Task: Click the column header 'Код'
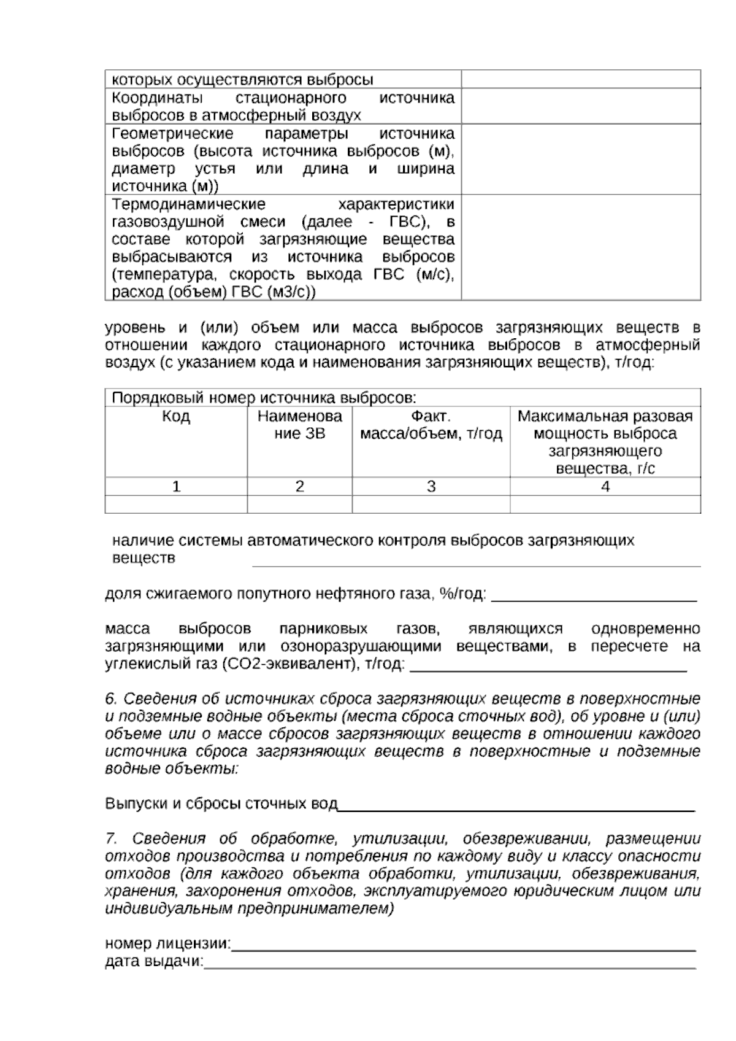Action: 176,417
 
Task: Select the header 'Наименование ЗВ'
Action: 299,425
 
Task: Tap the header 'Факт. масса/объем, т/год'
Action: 431,425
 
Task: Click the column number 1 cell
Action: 176,487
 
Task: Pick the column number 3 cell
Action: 431,487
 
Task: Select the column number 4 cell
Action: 605,487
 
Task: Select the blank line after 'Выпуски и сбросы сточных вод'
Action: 515,805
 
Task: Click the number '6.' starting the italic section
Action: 111,699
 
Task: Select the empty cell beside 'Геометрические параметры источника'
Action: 580,160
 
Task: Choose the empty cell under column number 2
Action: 299,505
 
